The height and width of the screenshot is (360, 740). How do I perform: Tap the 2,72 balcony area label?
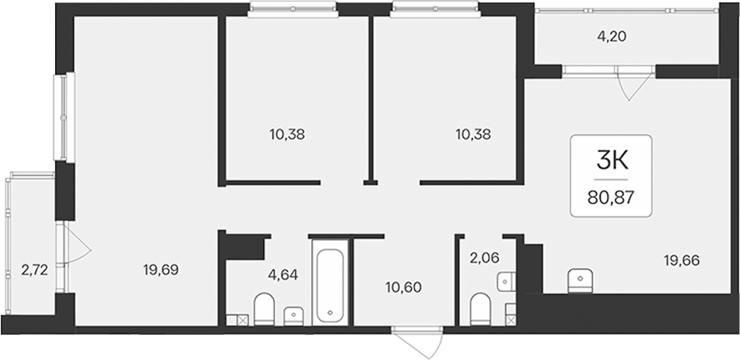tap(35, 271)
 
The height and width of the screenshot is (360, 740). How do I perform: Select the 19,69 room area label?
tap(161, 270)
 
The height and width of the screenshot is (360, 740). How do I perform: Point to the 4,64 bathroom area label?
tap(283, 274)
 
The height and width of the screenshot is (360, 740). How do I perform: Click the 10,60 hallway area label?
tap(404, 287)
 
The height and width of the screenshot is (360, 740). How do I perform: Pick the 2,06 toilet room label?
tap(484, 258)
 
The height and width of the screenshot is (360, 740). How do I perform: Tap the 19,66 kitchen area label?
tap(682, 261)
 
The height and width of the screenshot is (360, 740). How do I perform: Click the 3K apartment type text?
tap(612, 162)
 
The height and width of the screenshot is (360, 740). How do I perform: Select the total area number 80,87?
tap(611, 198)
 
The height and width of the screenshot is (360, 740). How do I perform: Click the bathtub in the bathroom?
tap(329, 286)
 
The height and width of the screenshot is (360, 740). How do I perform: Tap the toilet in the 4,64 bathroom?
tap(264, 309)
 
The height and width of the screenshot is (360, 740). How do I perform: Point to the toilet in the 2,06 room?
tap(480, 309)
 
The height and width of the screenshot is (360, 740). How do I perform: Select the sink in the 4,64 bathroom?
tap(293, 316)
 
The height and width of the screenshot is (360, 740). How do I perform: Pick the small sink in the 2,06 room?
tap(507, 282)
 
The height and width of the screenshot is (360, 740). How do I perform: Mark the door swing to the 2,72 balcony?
tap(77, 244)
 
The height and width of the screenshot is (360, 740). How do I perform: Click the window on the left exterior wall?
tap(65, 117)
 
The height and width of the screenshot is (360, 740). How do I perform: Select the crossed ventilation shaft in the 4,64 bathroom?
tap(243, 320)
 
